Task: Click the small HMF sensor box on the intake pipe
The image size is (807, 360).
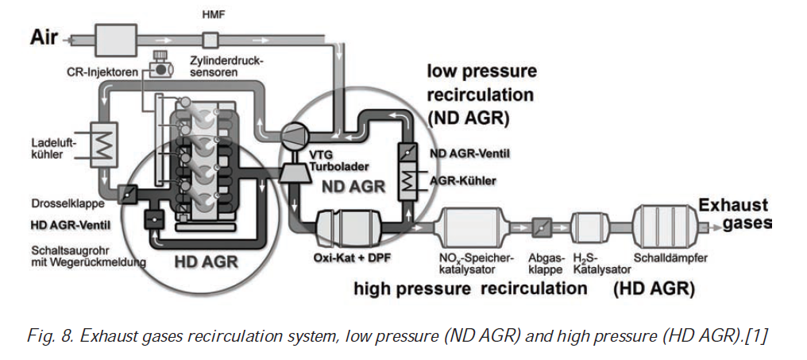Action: tap(210, 38)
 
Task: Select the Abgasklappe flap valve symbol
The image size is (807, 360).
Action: tap(543, 226)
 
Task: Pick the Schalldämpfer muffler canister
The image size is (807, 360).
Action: tap(666, 224)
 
